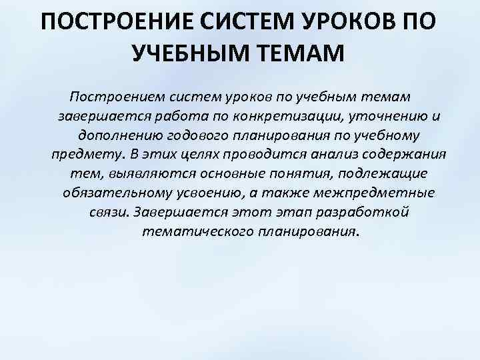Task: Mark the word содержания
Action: (x=400, y=155)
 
